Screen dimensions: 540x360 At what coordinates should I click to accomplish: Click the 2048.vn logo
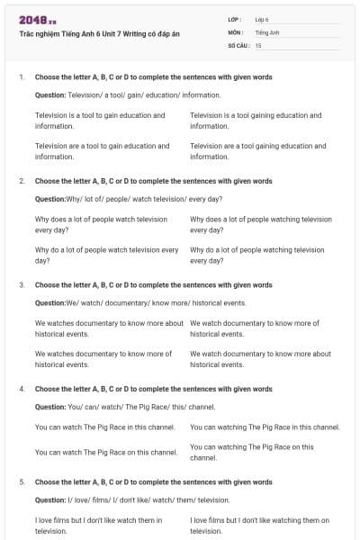[38, 19]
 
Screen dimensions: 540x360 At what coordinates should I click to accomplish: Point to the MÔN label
[235, 31]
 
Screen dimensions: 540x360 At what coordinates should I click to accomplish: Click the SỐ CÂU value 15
[258, 44]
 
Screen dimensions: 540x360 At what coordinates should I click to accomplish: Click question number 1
[21, 77]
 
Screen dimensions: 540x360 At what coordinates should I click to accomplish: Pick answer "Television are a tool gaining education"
[258, 151]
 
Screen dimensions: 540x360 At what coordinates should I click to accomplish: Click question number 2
[21, 181]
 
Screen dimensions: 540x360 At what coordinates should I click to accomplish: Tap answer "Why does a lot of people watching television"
[261, 224]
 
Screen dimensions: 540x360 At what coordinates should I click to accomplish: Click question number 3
[21, 284]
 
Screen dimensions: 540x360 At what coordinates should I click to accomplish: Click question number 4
[21, 389]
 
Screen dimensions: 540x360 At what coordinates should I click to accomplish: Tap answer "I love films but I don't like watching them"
[260, 525]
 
